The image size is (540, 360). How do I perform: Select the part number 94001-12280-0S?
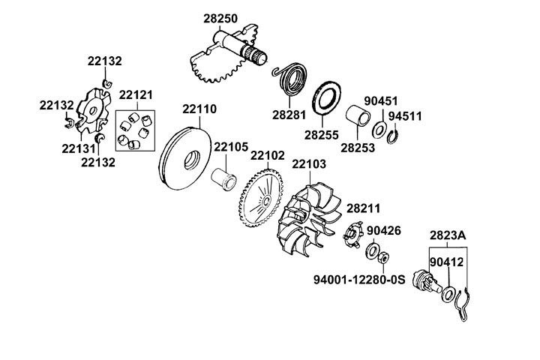click(x=359, y=279)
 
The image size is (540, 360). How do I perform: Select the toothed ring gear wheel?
click(x=263, y=200)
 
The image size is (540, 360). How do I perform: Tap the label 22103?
click(x=308, y=163)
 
